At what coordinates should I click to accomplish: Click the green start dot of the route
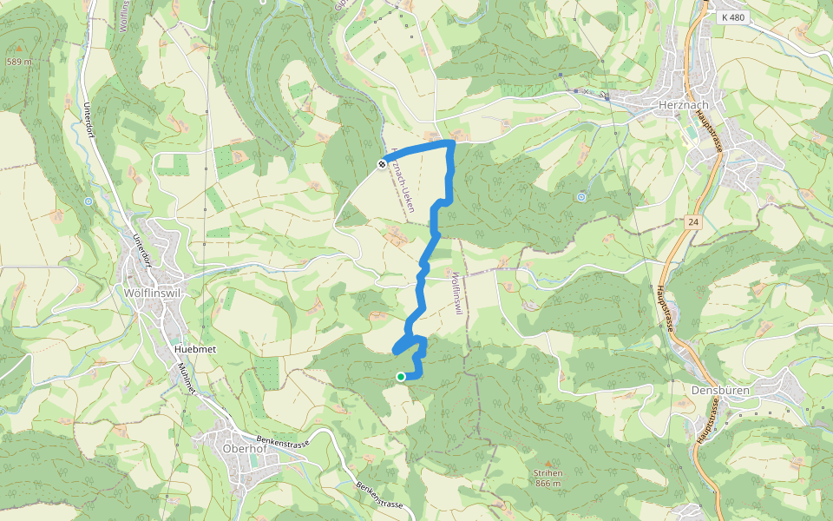(x=400, y=377)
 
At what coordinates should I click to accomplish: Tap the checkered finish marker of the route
(x=382, y=163)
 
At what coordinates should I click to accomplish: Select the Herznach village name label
(x=684, y=105)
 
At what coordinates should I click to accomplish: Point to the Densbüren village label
(x=720, y=391)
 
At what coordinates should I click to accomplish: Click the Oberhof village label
(x=244, y=449)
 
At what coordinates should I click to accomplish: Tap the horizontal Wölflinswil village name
(x=156, y=293)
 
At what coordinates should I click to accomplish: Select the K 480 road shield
(x=732, y=16)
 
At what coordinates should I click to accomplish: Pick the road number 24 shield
(x=693, y=221)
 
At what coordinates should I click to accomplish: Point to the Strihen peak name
(x=548, y=473)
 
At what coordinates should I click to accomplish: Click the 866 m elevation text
(x=548, y=484)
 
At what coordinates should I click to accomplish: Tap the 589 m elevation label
(x=18, y=63)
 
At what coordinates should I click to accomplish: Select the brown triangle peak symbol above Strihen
(x=548, y=463)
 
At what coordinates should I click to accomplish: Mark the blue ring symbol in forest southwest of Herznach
(x=580, y=197)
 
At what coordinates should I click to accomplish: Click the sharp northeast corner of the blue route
(x=450, y=142)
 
